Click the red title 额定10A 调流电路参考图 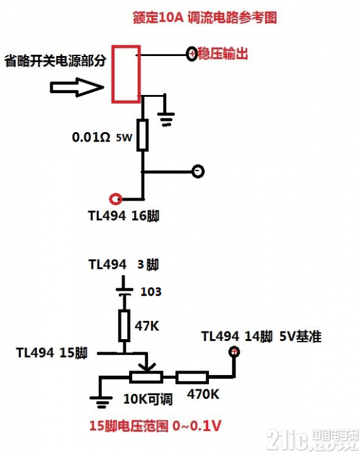(x=205, y=18)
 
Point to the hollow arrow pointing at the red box (x=77, y=87)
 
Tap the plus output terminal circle (x=192, y=53)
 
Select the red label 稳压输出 (x=223, y=53)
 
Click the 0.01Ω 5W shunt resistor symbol (x=142, y=135)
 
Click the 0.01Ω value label (x=91, y=137)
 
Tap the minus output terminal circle (x=198, y=171)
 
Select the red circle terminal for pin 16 (x=116, y=199)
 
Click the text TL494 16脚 (x=123, y=216)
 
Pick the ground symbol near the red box (x=166, y=118)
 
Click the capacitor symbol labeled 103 (x=124, y=291)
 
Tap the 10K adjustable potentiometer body (x=146, y=377)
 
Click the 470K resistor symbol (x=192, y=377)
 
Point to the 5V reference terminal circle (x=234, y=352)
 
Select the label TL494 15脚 (x=52, y=353)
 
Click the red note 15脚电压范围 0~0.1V (x=155, y=426)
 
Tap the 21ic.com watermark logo (x=312, y=440)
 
